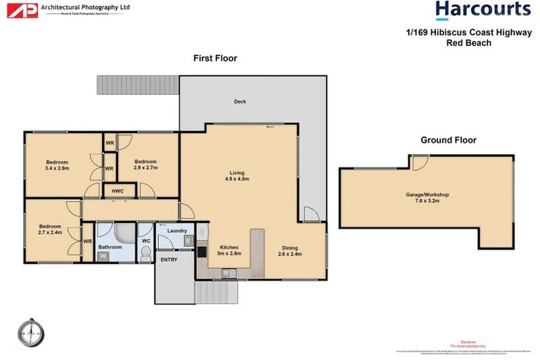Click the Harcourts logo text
[482, 10]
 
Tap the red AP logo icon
[26, 11]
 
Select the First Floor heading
[215, 58]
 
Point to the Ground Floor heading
[448, 140]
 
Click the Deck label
[240, 102]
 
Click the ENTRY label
[169, 259]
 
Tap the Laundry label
[176, 231]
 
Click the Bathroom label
[110, 247]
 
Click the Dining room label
[290, 247]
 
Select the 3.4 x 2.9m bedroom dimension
[56, 168]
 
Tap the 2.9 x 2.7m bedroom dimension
[146, 168]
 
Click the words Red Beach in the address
[468, 43]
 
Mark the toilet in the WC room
[146, 257]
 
